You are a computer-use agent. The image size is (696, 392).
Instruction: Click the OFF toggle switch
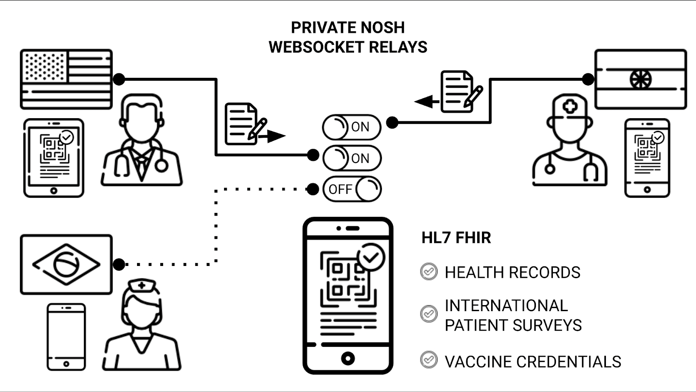click(x=352, y=189)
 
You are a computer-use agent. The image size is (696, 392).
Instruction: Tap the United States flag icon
click(x=66, y=79)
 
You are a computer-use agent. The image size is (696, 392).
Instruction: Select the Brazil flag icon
click(x=66, y=264)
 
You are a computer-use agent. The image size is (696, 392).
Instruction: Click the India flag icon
click(x=640, y=79)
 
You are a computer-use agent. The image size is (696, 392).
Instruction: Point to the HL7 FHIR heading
click(x=456, y=238)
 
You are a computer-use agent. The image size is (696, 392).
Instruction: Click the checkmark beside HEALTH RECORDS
click(x=429, y=272)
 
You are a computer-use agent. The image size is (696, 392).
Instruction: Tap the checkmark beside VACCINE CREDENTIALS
click(x=429, y=360)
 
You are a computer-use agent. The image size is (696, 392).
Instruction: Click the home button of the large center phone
click(x=348, y=359)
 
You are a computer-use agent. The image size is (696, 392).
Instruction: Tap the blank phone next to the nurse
click(x=66, y=337)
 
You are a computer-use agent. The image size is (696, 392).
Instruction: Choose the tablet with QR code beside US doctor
click(x=54, y=158)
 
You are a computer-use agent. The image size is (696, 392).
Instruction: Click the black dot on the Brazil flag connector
click(x=119, y=264)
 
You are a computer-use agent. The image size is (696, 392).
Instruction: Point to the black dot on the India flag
click(x=588, y=79)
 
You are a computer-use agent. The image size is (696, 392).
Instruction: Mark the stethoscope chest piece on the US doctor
click(x=161, y=165)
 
